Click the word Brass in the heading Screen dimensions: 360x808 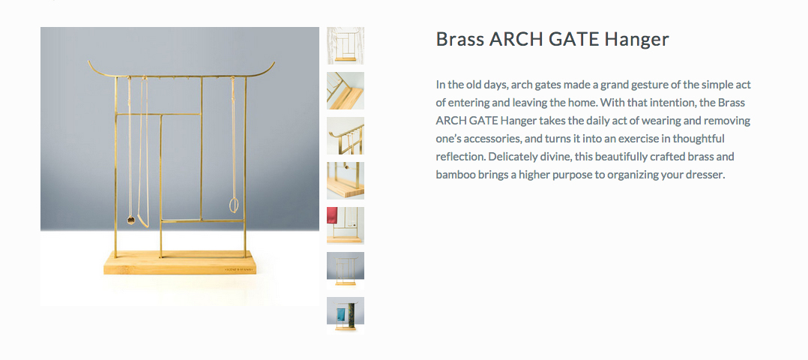click(x=459, y=39)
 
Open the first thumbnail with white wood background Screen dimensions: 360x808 click(x=346, y=46)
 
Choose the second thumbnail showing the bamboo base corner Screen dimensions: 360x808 click(x=346, y=91)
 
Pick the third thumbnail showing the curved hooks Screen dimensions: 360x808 click(x=346, y=136)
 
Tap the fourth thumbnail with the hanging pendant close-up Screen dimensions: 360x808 click(x=346, y=181)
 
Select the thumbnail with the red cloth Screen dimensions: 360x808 click(x=346, y=226)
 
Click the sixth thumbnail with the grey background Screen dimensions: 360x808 click(x=346, y=270)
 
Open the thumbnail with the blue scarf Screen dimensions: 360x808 click(x=346, y=315)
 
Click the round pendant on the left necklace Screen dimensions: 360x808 click(x=131, y=220)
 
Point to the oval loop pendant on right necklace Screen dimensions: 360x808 click(x=234, y=205)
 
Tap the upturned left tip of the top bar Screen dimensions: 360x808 click(x=89, y=63)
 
